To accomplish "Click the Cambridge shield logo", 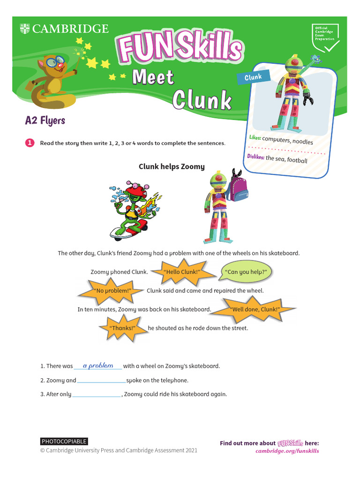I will (x=24, y=29).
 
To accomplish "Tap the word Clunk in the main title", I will (x=202, y=100).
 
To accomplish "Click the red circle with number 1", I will (x=30, y=143).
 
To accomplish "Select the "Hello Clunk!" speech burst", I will (x=181, y=272).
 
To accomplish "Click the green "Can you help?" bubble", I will (x=246, y=272).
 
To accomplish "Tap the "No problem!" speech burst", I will (x=111, y=291).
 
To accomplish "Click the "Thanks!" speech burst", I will (x=122, y=328).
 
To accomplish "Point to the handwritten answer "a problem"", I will (x=98, y=366).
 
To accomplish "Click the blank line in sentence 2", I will (x=101, y=381).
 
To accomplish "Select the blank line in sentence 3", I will (x=97, y=395).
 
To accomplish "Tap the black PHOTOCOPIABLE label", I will (x=64, y=441).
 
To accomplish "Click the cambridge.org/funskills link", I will (x=287, y=451).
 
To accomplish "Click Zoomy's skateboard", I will (x=128, y=230).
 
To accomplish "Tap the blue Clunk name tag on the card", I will (x=253, y=77).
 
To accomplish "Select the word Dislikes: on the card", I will (x=255, y=157).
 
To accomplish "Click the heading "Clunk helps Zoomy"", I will (x=172, y=166).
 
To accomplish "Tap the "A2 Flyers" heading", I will (x=45, y=120).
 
